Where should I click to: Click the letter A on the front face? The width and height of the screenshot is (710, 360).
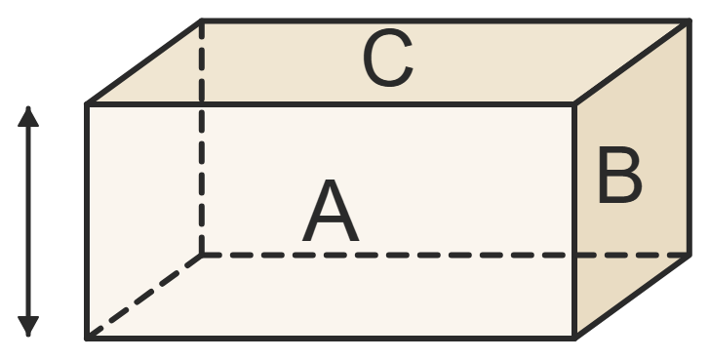point(331,211)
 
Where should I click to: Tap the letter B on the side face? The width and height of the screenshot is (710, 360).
point(620,175)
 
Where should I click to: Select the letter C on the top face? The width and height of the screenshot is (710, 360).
point(388,58)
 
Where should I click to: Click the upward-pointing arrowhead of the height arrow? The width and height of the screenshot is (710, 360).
point(28,117)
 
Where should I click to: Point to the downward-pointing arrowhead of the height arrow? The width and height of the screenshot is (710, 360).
point(28,326)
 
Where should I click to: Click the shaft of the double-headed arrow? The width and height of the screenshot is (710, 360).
point(28,221)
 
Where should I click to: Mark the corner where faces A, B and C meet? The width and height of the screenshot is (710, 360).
point(574,104)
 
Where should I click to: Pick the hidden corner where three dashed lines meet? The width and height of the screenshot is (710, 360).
point(202,255)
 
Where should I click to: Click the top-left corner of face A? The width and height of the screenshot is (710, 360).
point(87,104)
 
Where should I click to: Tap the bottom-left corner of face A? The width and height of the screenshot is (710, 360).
point(87,338)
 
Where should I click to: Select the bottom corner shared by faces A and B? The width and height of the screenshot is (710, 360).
point(574,338)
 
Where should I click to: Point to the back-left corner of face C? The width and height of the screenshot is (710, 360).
point(202,21)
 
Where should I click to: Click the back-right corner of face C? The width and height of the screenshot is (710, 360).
point(690,21)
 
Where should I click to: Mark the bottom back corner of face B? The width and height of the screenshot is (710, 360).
point(690,255)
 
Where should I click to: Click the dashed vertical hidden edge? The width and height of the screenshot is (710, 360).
point(202,139)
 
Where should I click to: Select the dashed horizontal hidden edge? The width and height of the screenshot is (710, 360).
point(446,255)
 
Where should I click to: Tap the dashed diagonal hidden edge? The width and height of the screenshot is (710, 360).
point(144,297)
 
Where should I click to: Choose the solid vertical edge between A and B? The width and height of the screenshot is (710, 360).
point(574,221)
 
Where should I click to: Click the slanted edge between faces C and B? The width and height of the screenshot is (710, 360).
point(632,63)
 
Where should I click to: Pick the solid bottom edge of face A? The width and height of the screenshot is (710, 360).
point(331,338)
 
